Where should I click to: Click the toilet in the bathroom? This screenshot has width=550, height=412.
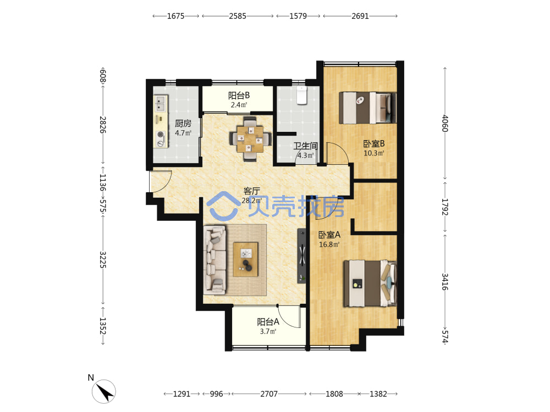click(302, 95)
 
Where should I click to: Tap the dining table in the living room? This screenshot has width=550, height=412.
click(250, 139)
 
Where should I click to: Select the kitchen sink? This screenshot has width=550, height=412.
click(161, 103)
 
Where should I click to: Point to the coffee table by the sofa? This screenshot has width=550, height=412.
click(245, 259)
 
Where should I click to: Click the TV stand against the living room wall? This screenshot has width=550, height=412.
click(301, 256)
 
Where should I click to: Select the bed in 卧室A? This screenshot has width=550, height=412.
click(370, 283)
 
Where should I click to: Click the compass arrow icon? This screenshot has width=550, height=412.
click(104, 392)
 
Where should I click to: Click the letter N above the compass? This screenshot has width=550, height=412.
click(91, 378)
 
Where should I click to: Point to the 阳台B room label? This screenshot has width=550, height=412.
click(239, 95)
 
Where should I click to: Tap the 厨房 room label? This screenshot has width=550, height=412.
click(183, 123)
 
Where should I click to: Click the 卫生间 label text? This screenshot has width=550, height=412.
click(305, 146)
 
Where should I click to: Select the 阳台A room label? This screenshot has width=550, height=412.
click(268, 321)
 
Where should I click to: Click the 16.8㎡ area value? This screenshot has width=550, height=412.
click(329, 244)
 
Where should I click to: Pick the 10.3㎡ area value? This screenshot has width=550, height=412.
click(373, 153)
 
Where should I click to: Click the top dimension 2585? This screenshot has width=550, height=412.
click(238, 16)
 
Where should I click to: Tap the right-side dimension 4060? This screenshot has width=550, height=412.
click(445, 123)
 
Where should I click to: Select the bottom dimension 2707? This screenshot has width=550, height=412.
click(269, 394)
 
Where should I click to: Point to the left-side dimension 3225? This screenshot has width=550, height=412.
click(103, 260)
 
